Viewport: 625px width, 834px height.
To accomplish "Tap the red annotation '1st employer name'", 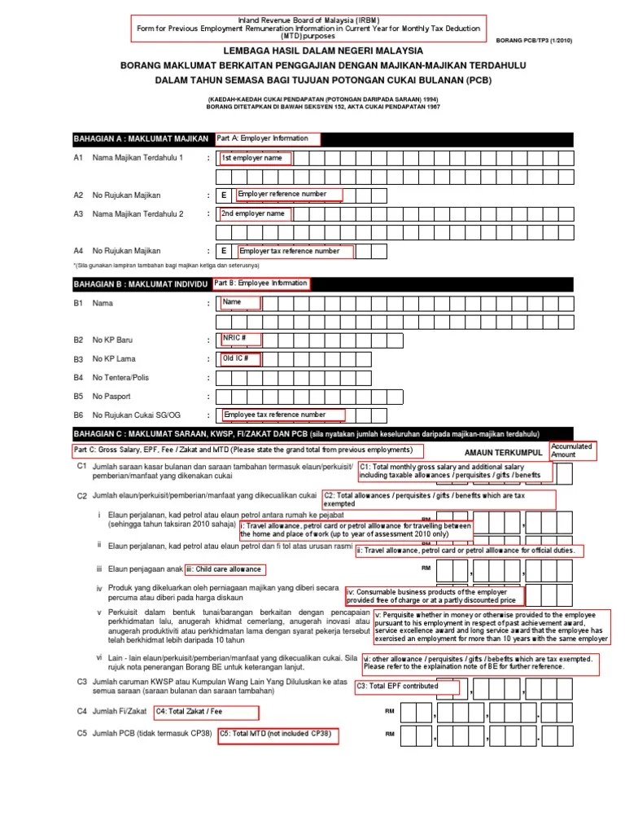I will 254,158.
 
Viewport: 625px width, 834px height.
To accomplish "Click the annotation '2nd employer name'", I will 254,213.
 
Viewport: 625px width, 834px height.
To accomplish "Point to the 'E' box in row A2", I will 224,195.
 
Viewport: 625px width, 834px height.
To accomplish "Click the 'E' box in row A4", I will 224,252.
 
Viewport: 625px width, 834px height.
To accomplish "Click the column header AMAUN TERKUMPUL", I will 504,452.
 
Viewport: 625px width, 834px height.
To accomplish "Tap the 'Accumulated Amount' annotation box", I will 573,450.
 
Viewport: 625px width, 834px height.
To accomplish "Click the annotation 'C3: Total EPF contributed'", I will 406,687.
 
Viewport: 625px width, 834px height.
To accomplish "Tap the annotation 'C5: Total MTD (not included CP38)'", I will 277,734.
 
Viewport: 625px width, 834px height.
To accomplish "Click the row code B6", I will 80,415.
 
